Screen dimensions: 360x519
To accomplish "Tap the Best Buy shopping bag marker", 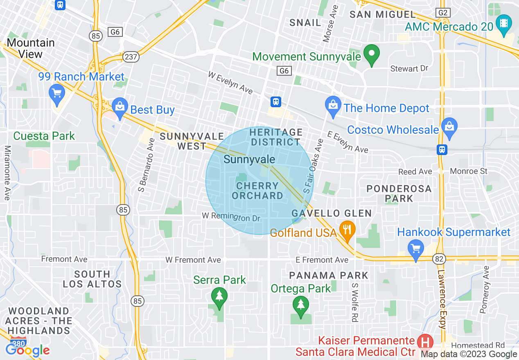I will pos(120,107).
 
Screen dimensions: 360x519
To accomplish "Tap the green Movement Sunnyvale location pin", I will pos(372,55).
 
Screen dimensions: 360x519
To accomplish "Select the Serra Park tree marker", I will pos(219,296).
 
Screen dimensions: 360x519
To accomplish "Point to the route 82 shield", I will pos(439,258).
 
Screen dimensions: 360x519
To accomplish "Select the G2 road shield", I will pos(443,13).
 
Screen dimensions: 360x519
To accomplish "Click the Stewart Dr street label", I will pos(409,69).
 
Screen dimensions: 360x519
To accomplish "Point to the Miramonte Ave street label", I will pos(7,173).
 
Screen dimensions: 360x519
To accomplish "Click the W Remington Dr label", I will pos(231,216).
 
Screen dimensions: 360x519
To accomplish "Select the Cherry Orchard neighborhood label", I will pos(257,191).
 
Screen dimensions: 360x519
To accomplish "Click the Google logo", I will pos(28,350).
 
